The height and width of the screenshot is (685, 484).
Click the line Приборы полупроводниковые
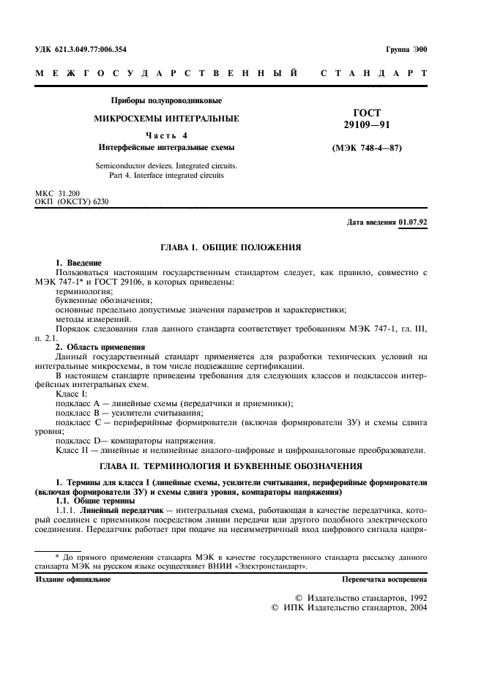(165, 100)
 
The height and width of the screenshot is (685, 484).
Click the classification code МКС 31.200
(60, 193)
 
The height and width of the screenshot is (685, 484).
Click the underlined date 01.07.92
(413, 222)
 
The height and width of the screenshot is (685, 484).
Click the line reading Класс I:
(70, 394)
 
